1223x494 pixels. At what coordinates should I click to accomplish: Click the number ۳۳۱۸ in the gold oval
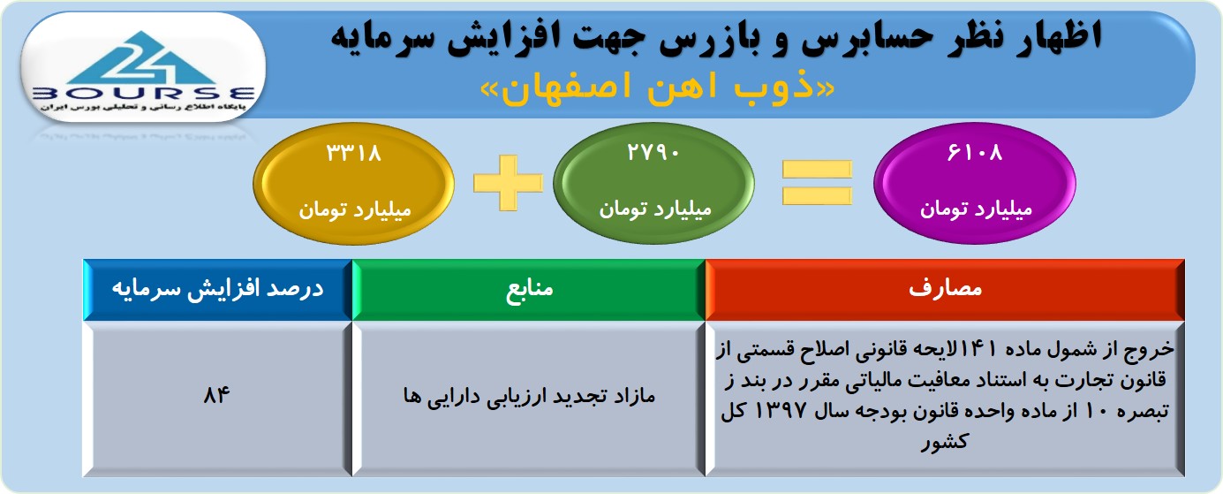(353, 153)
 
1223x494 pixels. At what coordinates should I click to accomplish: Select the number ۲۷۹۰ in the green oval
(653, 153)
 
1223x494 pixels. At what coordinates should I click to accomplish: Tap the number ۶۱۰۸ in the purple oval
(975, 153)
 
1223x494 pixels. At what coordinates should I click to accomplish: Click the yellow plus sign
(508, 183)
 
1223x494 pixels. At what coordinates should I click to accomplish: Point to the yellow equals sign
(817, 183)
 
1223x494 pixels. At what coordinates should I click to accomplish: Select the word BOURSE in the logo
(144, 94)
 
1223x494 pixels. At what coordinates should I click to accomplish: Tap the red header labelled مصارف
(945, 290)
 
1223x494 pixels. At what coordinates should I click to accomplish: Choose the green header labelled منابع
(529, 290)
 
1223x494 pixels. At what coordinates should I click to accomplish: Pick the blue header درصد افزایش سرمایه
(217, 290)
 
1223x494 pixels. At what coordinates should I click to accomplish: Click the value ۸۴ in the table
(216, 394)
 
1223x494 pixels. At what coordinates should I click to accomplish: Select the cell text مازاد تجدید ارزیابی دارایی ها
(529, 396)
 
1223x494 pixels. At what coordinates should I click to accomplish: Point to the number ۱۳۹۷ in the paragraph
(781, 411)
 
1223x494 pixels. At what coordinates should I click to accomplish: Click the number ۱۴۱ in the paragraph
(979, 348)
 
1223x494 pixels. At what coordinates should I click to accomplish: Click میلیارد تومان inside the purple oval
(976, 209)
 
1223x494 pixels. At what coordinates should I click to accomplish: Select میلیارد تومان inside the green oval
(654, 209)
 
